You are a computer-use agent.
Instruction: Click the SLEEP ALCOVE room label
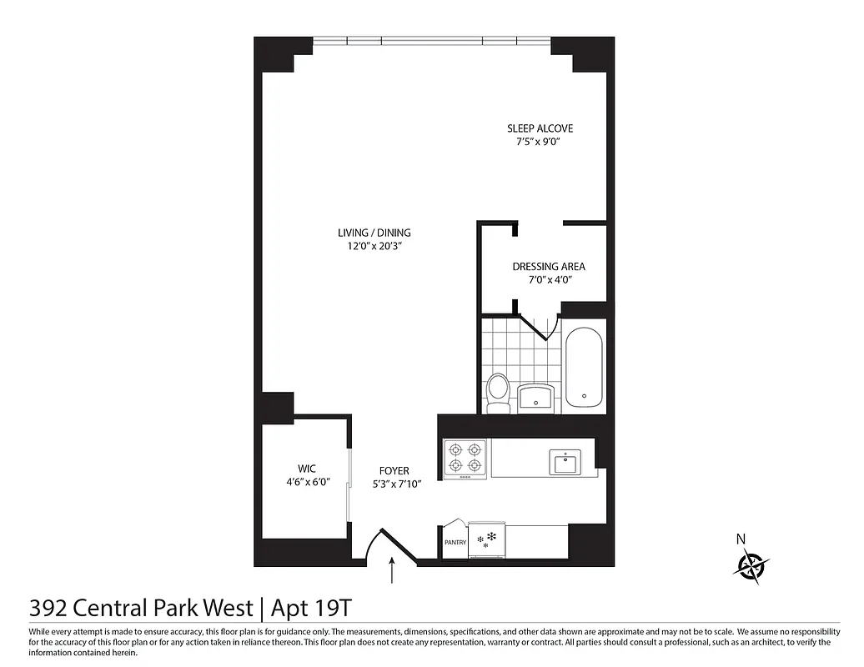pyautogui.click(x=540, y=128)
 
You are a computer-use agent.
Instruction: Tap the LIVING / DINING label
pyautogui.click(x=374, y=233)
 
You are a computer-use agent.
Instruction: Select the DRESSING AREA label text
pyautogui.click(x=548, y=267)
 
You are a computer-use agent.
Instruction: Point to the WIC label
pyautogui.click(x=307, y=469)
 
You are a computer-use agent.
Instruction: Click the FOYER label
pyautogui.click(x=394, y=471)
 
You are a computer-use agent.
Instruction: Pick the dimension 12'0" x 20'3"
pyautogui.click(x=374, y=246)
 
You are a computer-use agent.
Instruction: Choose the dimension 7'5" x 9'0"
pyautogui.click(x=540, y=142)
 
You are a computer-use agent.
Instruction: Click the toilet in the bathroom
pyautogui.click(x=498, y=392)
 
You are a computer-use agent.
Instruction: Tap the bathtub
pyautogui.click(x=584, y=369)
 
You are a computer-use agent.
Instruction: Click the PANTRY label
pyautogui.click(x=455, y=543)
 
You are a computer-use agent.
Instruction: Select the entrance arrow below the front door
pyautogui.click(x=392, y=574)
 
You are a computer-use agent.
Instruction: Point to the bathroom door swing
pyautogui.click(x=538, y=326)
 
